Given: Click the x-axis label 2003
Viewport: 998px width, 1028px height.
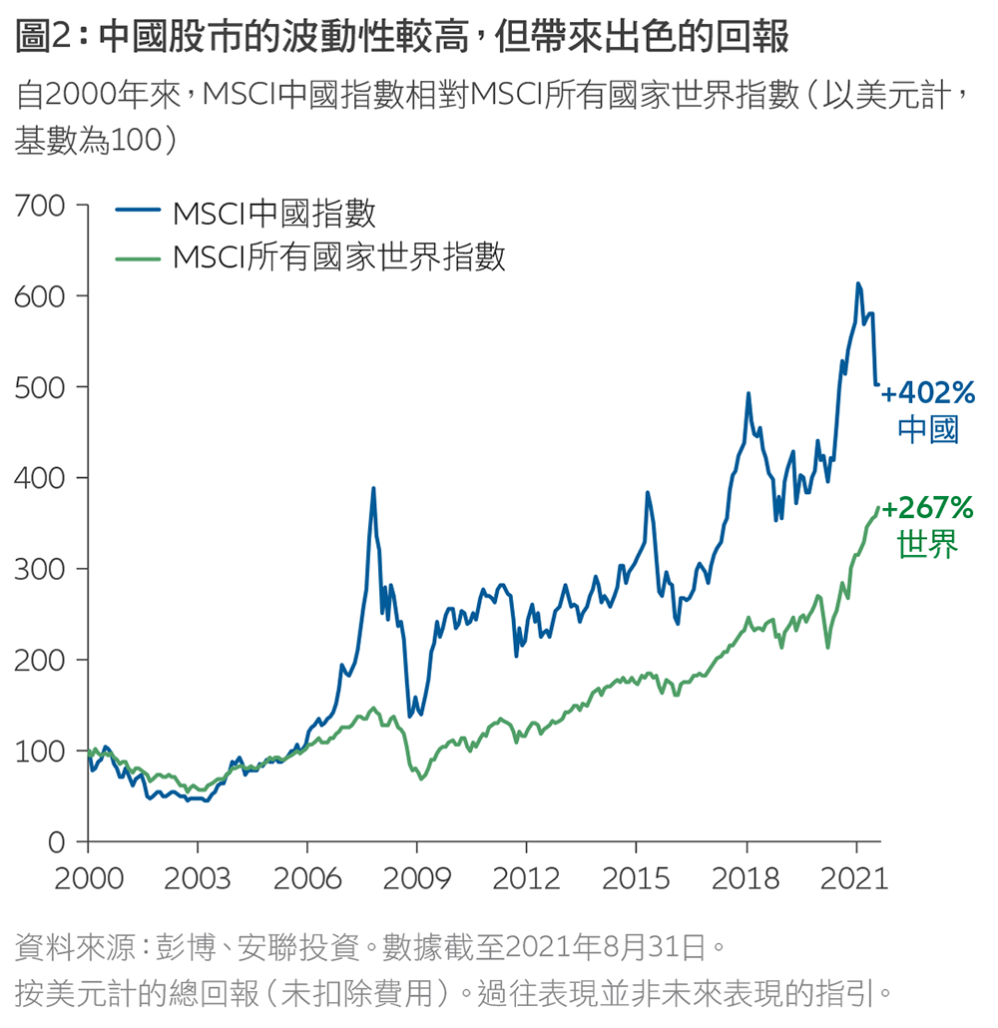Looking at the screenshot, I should (x=198, y=878).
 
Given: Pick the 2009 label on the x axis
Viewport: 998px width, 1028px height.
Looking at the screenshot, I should (x=416, y=878).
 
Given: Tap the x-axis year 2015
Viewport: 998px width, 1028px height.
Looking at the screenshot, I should (x=636, y=878).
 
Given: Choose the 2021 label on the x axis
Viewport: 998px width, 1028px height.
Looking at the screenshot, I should (x=855, y=878).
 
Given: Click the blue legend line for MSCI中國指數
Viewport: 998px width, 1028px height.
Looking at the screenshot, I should (x=138, y=212).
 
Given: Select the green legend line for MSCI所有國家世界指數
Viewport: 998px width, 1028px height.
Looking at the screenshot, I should (x=138, y=257).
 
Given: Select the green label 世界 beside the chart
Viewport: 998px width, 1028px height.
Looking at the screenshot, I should (x=928, y=546).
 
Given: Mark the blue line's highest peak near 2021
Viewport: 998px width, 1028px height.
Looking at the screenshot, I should (x=857, y=283).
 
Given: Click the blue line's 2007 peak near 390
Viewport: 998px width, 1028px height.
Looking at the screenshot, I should (x=373, y=488).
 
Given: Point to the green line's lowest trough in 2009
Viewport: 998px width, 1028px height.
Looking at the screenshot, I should (x=421, y=778).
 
